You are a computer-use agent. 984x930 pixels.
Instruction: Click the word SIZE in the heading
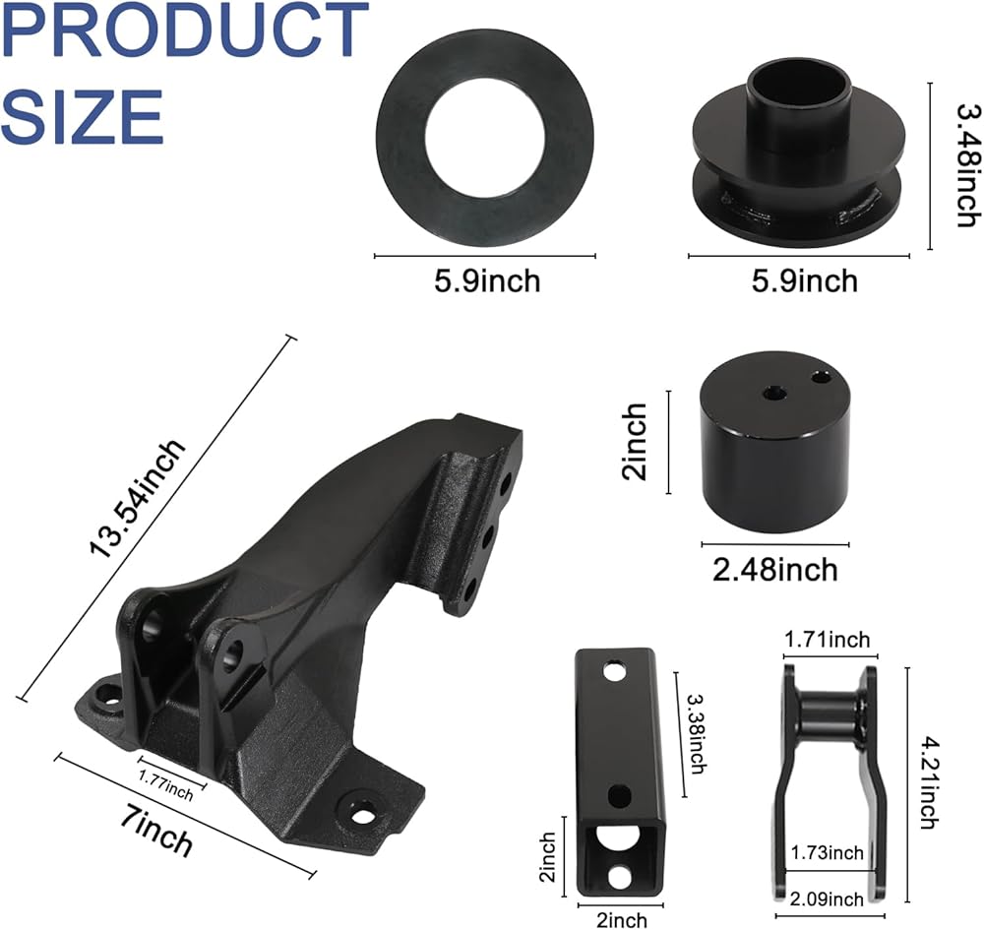(83, 116)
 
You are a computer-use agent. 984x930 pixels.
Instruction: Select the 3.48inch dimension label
(967, 164)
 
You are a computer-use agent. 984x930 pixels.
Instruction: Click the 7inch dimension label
(156, 833)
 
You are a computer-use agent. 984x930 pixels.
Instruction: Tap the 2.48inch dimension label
(775, 570)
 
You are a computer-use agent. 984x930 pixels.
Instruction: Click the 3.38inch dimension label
(697, 733)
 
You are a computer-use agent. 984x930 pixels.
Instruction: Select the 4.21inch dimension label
(930, 782)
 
